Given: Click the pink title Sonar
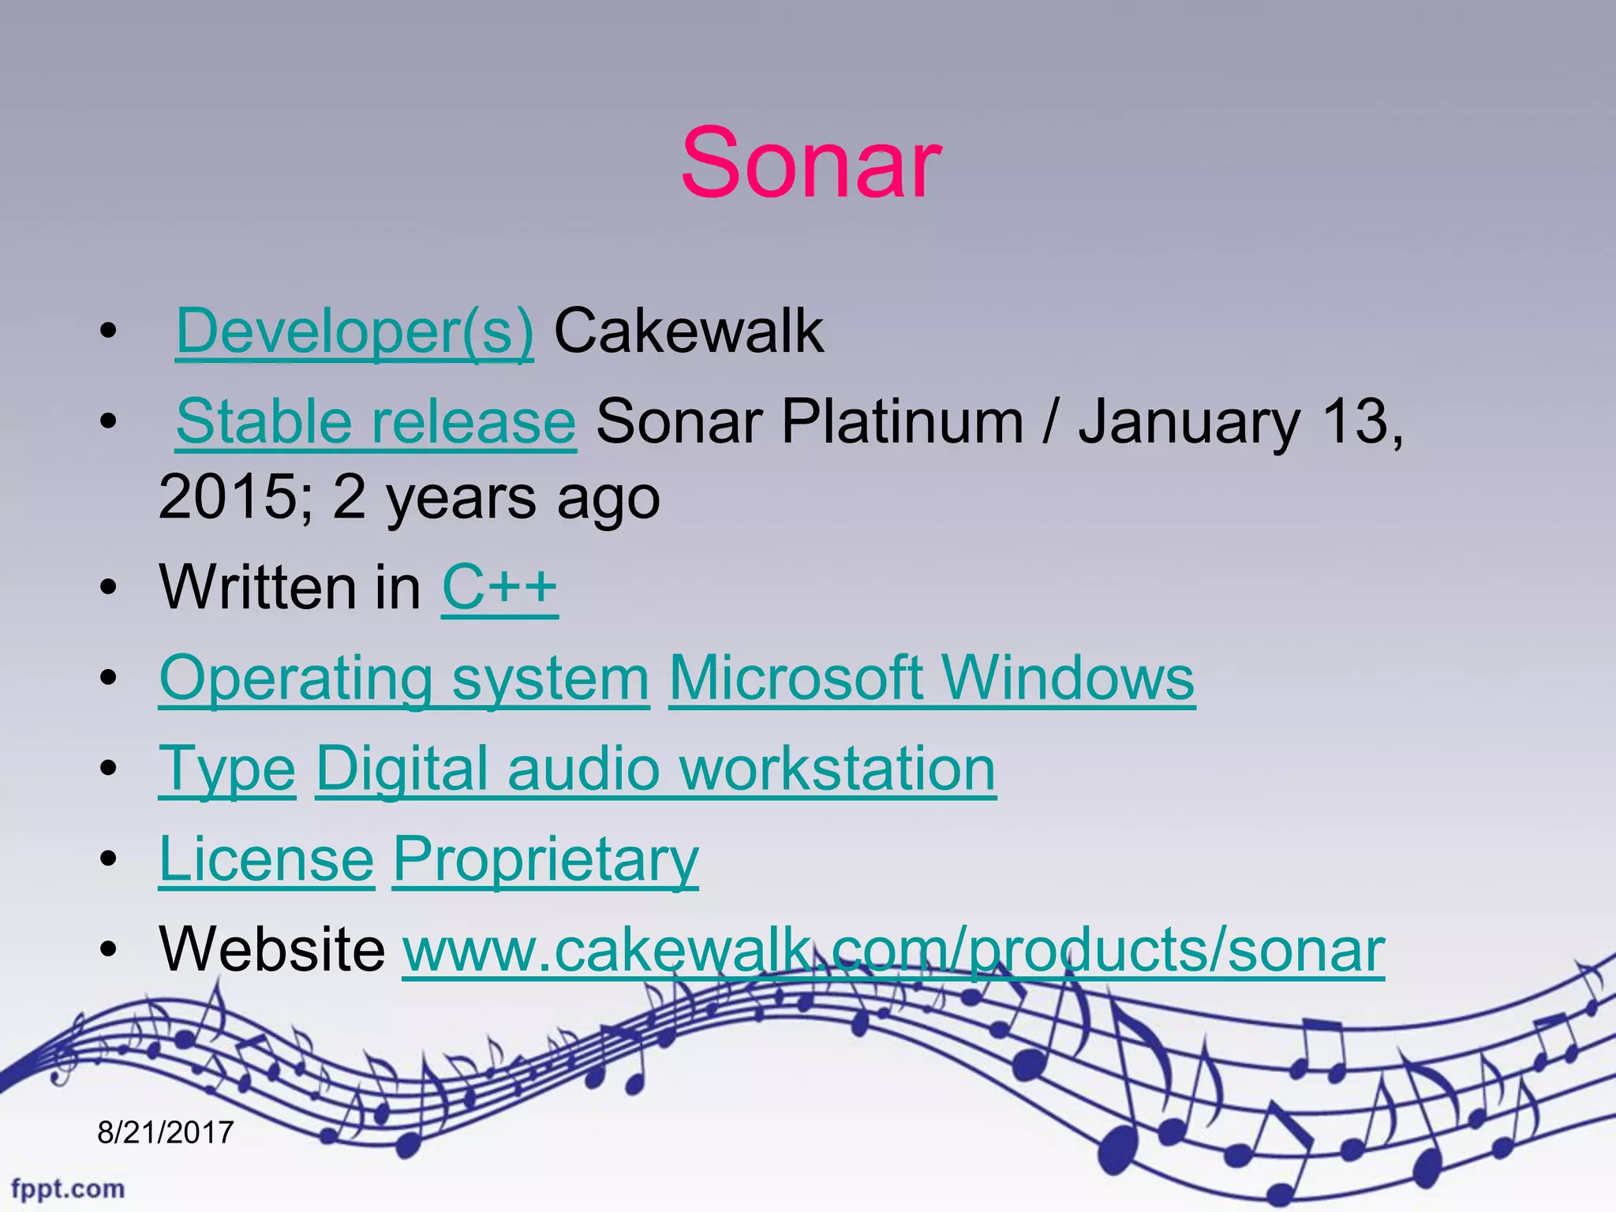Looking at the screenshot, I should pos(810,164).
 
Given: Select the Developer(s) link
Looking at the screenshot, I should pos(354,331).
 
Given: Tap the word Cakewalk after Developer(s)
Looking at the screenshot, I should pos(689,331).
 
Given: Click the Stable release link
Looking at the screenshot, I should pos(376,421).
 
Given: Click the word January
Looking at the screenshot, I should pos(1189,421).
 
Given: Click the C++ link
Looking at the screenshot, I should pos(499,587).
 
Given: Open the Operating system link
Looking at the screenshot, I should pos(404,679).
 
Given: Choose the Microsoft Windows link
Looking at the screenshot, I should pos(932,679).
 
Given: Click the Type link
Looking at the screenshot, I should pos(227,769).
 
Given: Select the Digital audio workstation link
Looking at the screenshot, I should pos(656,769).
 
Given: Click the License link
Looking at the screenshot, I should pos(267,859).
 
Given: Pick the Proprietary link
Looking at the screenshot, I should pos(545,859).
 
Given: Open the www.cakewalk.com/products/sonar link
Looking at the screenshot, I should pos(893,950).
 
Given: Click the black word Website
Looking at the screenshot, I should pos(272,950).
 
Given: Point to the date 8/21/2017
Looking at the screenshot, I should pos(166,1133).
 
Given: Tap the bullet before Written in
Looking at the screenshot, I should pos(109,588).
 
